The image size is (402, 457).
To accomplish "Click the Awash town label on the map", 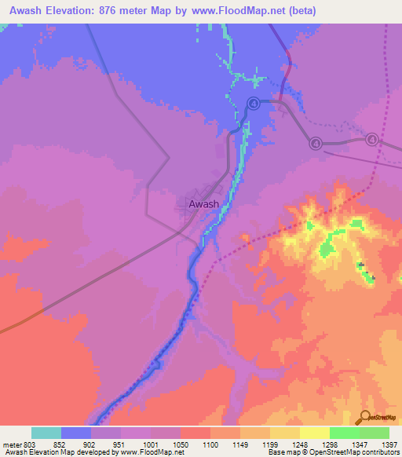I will (203, 204).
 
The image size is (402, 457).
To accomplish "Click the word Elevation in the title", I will (82, 10).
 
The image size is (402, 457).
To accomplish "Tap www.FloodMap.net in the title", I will (258, 10).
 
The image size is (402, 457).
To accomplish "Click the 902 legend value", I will (91, 444).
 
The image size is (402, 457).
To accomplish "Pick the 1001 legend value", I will (151, 444).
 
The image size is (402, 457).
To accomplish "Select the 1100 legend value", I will (210, 444).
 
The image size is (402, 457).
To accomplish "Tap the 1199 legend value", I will (270, 444).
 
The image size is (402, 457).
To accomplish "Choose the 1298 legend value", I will (330, 444).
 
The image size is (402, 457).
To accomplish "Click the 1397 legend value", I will (388, 444).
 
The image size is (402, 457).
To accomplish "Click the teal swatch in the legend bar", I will (46, 433).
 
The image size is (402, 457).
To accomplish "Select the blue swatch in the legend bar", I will (76, 433).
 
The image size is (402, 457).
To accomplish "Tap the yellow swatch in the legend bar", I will (315, 433).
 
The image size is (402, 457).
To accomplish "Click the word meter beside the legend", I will (11, 444).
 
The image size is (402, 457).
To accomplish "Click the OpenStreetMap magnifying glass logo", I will (366, 417).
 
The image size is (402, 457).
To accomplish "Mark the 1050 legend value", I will (181, 444).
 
